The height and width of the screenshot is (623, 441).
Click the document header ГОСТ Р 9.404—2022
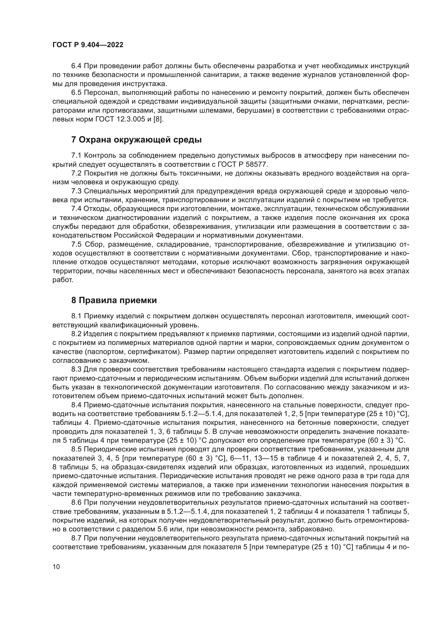click(x=88, y=45)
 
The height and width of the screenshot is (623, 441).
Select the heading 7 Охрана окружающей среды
click(x=136, y=140)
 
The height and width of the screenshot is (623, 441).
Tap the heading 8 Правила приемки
click(x=114, y=300)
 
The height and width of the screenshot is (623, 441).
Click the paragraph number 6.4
click(x=76, y=66)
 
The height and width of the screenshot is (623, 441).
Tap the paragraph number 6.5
click(x=76, y=93)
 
